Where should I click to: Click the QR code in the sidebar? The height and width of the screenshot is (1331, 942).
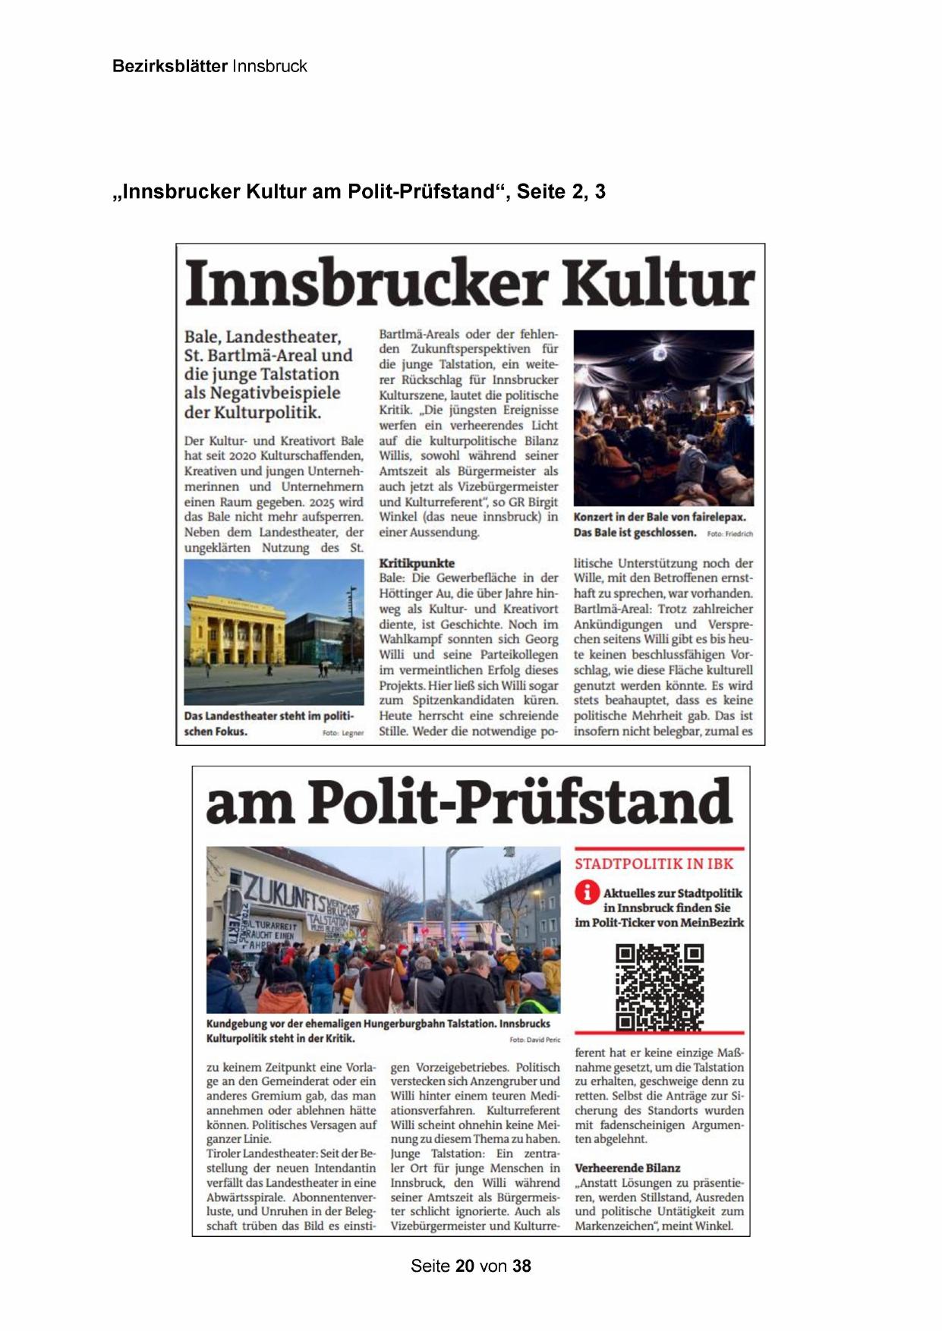pyautogui.click(x=659, y=986)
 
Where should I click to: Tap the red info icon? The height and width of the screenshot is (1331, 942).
pyautogui.click(x=587, y=892)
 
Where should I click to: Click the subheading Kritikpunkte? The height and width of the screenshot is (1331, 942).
pyautogui.click(x=417, y=563)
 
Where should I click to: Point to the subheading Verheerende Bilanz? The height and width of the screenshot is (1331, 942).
pyautogui.click(x=627, y=1168)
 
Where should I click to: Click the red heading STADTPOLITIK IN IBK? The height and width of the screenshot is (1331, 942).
pyautogui.click(x=654, y=864)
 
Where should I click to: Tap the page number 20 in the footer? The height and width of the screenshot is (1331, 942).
pyautogui.click(x=465, y=1266)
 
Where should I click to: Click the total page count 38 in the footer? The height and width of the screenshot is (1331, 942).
pyautogui.click(x=521, y=1266)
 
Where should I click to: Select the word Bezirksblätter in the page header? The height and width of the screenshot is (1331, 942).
pyautogui.click(x=169, y=66)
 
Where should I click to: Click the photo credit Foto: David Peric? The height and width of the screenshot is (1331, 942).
pyautogui.click(x=534, y=1040)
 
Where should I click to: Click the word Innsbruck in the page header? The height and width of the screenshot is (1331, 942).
pyautogui.click(x=269, y=66)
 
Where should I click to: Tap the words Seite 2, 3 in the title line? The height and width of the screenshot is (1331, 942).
pyautogui.click(x=561, y=192)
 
